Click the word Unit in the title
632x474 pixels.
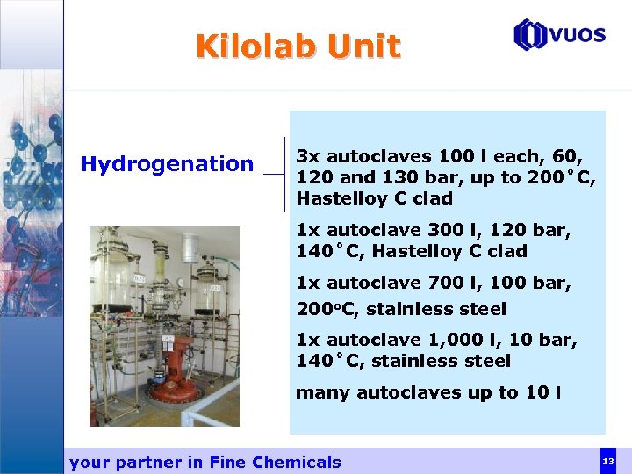[363, 46]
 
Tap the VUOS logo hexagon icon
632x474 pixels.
[530, 35]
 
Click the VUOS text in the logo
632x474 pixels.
[578, 35]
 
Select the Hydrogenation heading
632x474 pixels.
[167, 163]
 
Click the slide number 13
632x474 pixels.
[607, 461]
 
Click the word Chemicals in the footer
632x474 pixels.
[296, 462]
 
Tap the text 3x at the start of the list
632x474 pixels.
[308, 156]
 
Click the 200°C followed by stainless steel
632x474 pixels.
[327, 309]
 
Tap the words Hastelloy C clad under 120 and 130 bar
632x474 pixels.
[375, 198]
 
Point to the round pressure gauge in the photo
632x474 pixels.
[181, 283]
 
